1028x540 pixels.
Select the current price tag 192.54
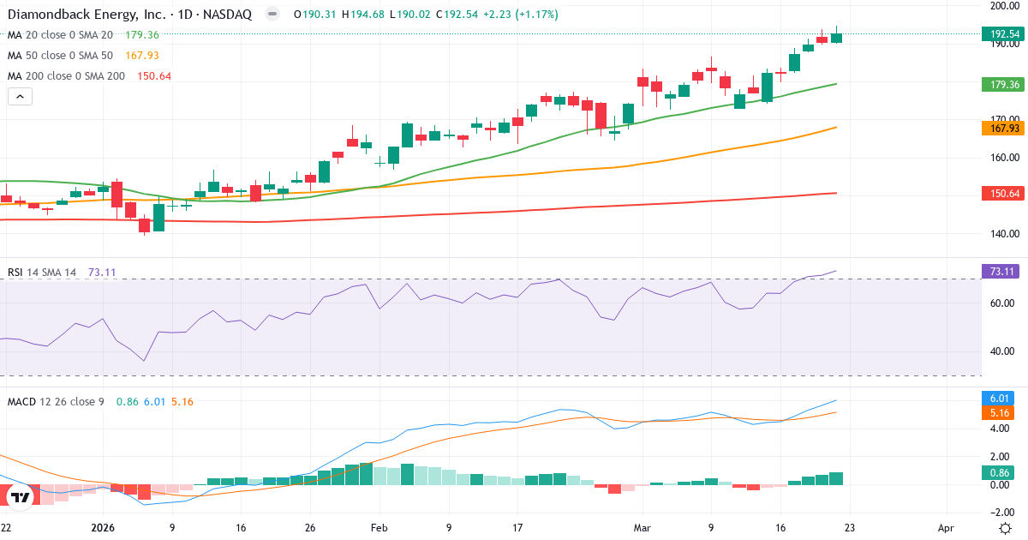point(1001,34)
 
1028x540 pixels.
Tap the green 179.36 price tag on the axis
point(1001,84)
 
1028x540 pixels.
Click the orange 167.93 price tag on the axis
point(1001,128)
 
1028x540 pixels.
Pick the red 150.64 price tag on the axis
point(1001,194)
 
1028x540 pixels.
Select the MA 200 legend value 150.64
point(154,75)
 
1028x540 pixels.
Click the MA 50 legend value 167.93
point(142,55)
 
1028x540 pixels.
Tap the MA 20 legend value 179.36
point(142,34)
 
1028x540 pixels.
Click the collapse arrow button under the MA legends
point(20,97)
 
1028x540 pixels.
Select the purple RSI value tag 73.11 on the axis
point(1001,272)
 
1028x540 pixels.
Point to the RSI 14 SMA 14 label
point(42,272)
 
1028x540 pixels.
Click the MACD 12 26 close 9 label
point(56,401)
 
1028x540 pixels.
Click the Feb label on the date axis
point(378,528)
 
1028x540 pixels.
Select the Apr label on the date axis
point(946,528)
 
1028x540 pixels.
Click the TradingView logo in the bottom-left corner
point(21,496)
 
